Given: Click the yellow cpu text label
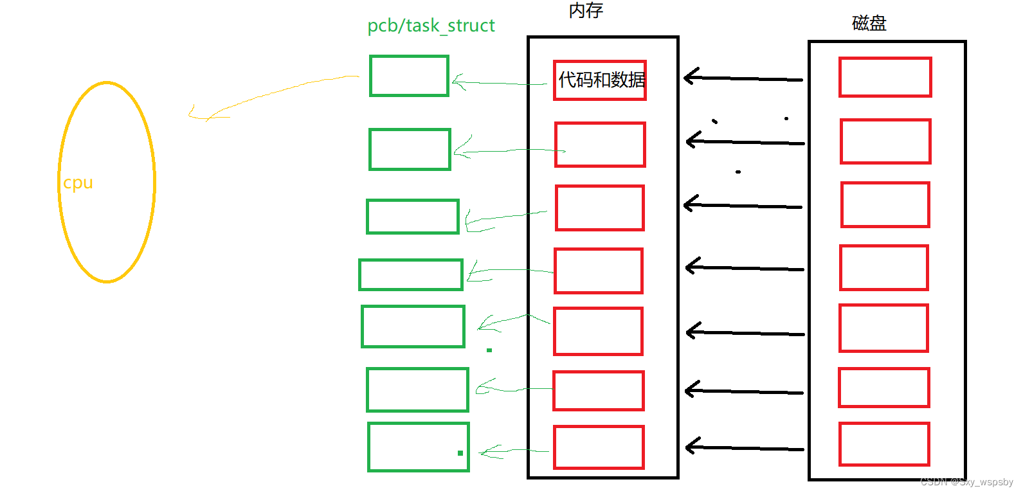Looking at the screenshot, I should [78, 183].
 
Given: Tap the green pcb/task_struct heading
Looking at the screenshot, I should [431, 26].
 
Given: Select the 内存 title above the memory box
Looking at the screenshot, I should [586, 10].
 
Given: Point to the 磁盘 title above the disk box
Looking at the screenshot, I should [869, 24].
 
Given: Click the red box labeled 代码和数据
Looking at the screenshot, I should [600, 80].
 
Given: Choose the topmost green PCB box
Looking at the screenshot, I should [409, 76].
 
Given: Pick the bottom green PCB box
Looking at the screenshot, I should [418, 447].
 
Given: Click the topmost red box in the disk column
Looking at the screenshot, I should [885, 77].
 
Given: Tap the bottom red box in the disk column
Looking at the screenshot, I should [884, 444].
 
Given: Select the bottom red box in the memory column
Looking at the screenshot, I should [599, 447].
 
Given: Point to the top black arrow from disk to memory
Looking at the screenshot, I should [743, 78].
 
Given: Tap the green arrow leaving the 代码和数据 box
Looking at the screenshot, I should [498, 82].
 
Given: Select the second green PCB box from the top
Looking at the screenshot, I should [410, 149].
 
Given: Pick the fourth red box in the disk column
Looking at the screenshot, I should [883, 267].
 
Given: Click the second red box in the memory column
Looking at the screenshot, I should [600, 145].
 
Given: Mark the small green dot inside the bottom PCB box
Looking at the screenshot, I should [460, 453].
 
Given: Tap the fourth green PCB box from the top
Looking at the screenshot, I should [410, 274].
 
